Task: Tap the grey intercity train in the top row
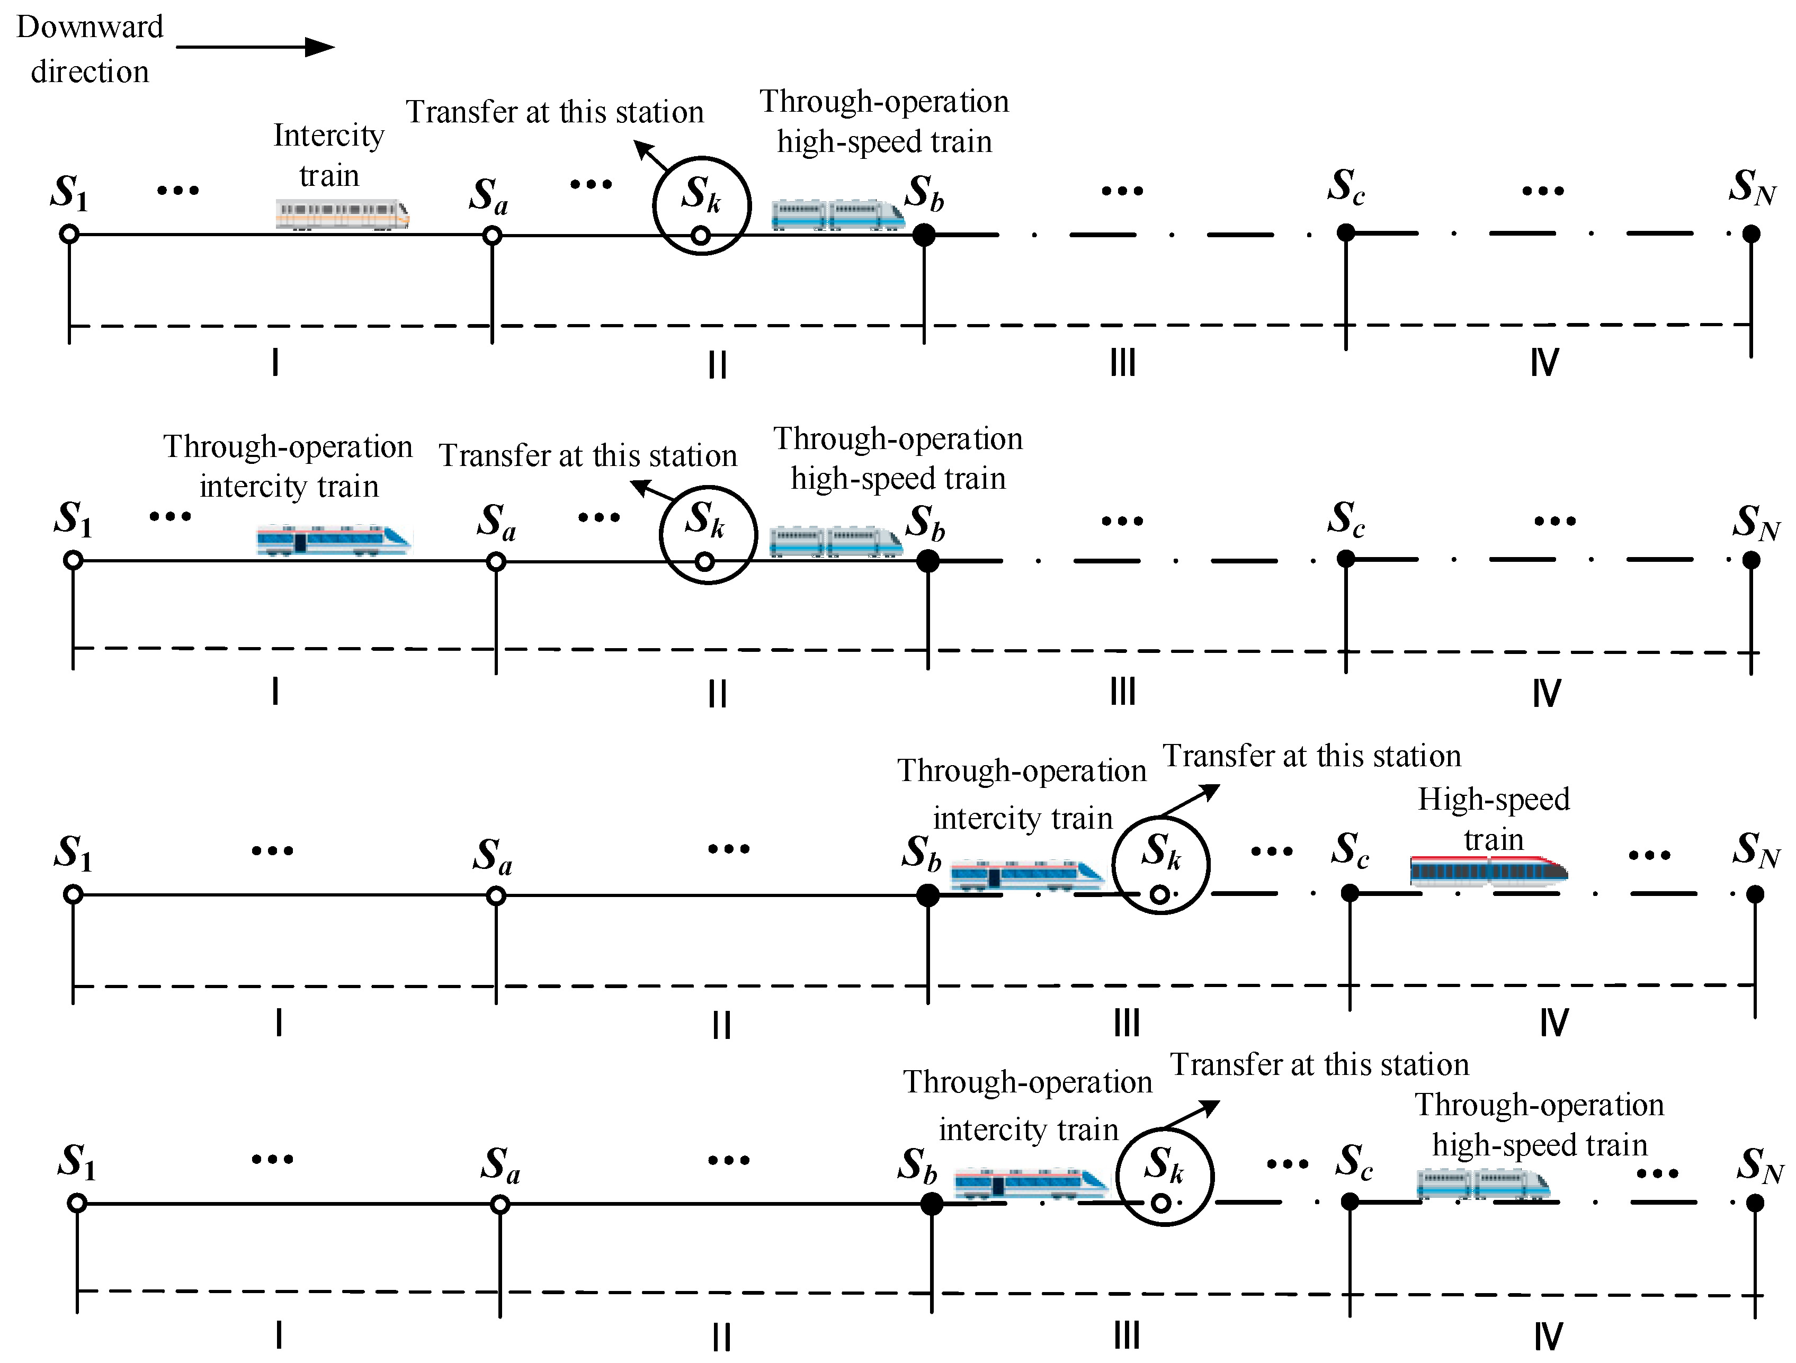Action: (342, 214)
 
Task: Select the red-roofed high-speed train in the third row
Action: (1488, 870)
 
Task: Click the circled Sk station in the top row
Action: (702, 206)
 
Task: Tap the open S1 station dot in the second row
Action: (73, 560)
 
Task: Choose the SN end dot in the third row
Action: (1755, 894)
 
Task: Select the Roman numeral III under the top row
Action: (1123, 362)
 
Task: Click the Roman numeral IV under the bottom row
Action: (1548, 1336)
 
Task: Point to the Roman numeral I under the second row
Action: (276, 692)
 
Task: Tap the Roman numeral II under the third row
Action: (721, 1025)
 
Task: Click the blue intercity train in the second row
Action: (334, 540)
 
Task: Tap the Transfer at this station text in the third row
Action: (1312, 756)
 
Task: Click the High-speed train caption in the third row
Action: (1493, 818)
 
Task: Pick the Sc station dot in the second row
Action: (1345, 559)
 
